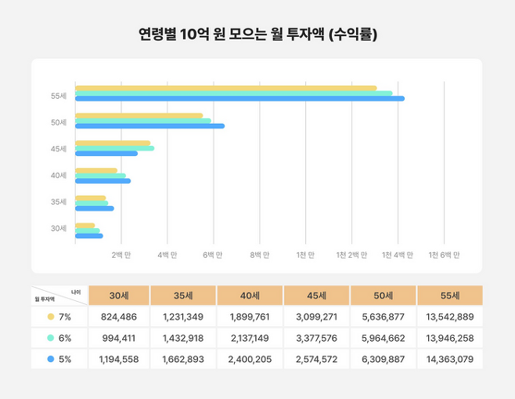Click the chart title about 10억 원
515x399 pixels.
(257, 34)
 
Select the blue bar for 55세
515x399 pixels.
(239, 99)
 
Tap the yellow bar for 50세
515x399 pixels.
(139, 116)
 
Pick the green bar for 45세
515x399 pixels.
(114, 148)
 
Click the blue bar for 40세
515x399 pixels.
(103, 181)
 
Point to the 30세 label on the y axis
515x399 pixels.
(59, 229)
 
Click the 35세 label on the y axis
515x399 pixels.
(59, 202)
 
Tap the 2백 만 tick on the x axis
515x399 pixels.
(121, 255)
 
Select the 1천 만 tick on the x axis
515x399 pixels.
(305, 255)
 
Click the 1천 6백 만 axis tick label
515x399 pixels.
(444, 255)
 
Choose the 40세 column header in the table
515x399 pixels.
(250, 296)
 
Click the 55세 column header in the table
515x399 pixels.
(449, 296)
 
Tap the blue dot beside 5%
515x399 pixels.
(51, 359)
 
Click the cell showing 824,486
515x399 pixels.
(118, 317)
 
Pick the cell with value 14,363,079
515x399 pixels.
(449, 359)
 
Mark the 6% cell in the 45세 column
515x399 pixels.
(317, 338)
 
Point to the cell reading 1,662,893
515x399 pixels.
(184, 359)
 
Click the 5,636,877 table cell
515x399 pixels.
(383, 317)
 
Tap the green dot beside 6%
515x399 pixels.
(51, 338)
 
